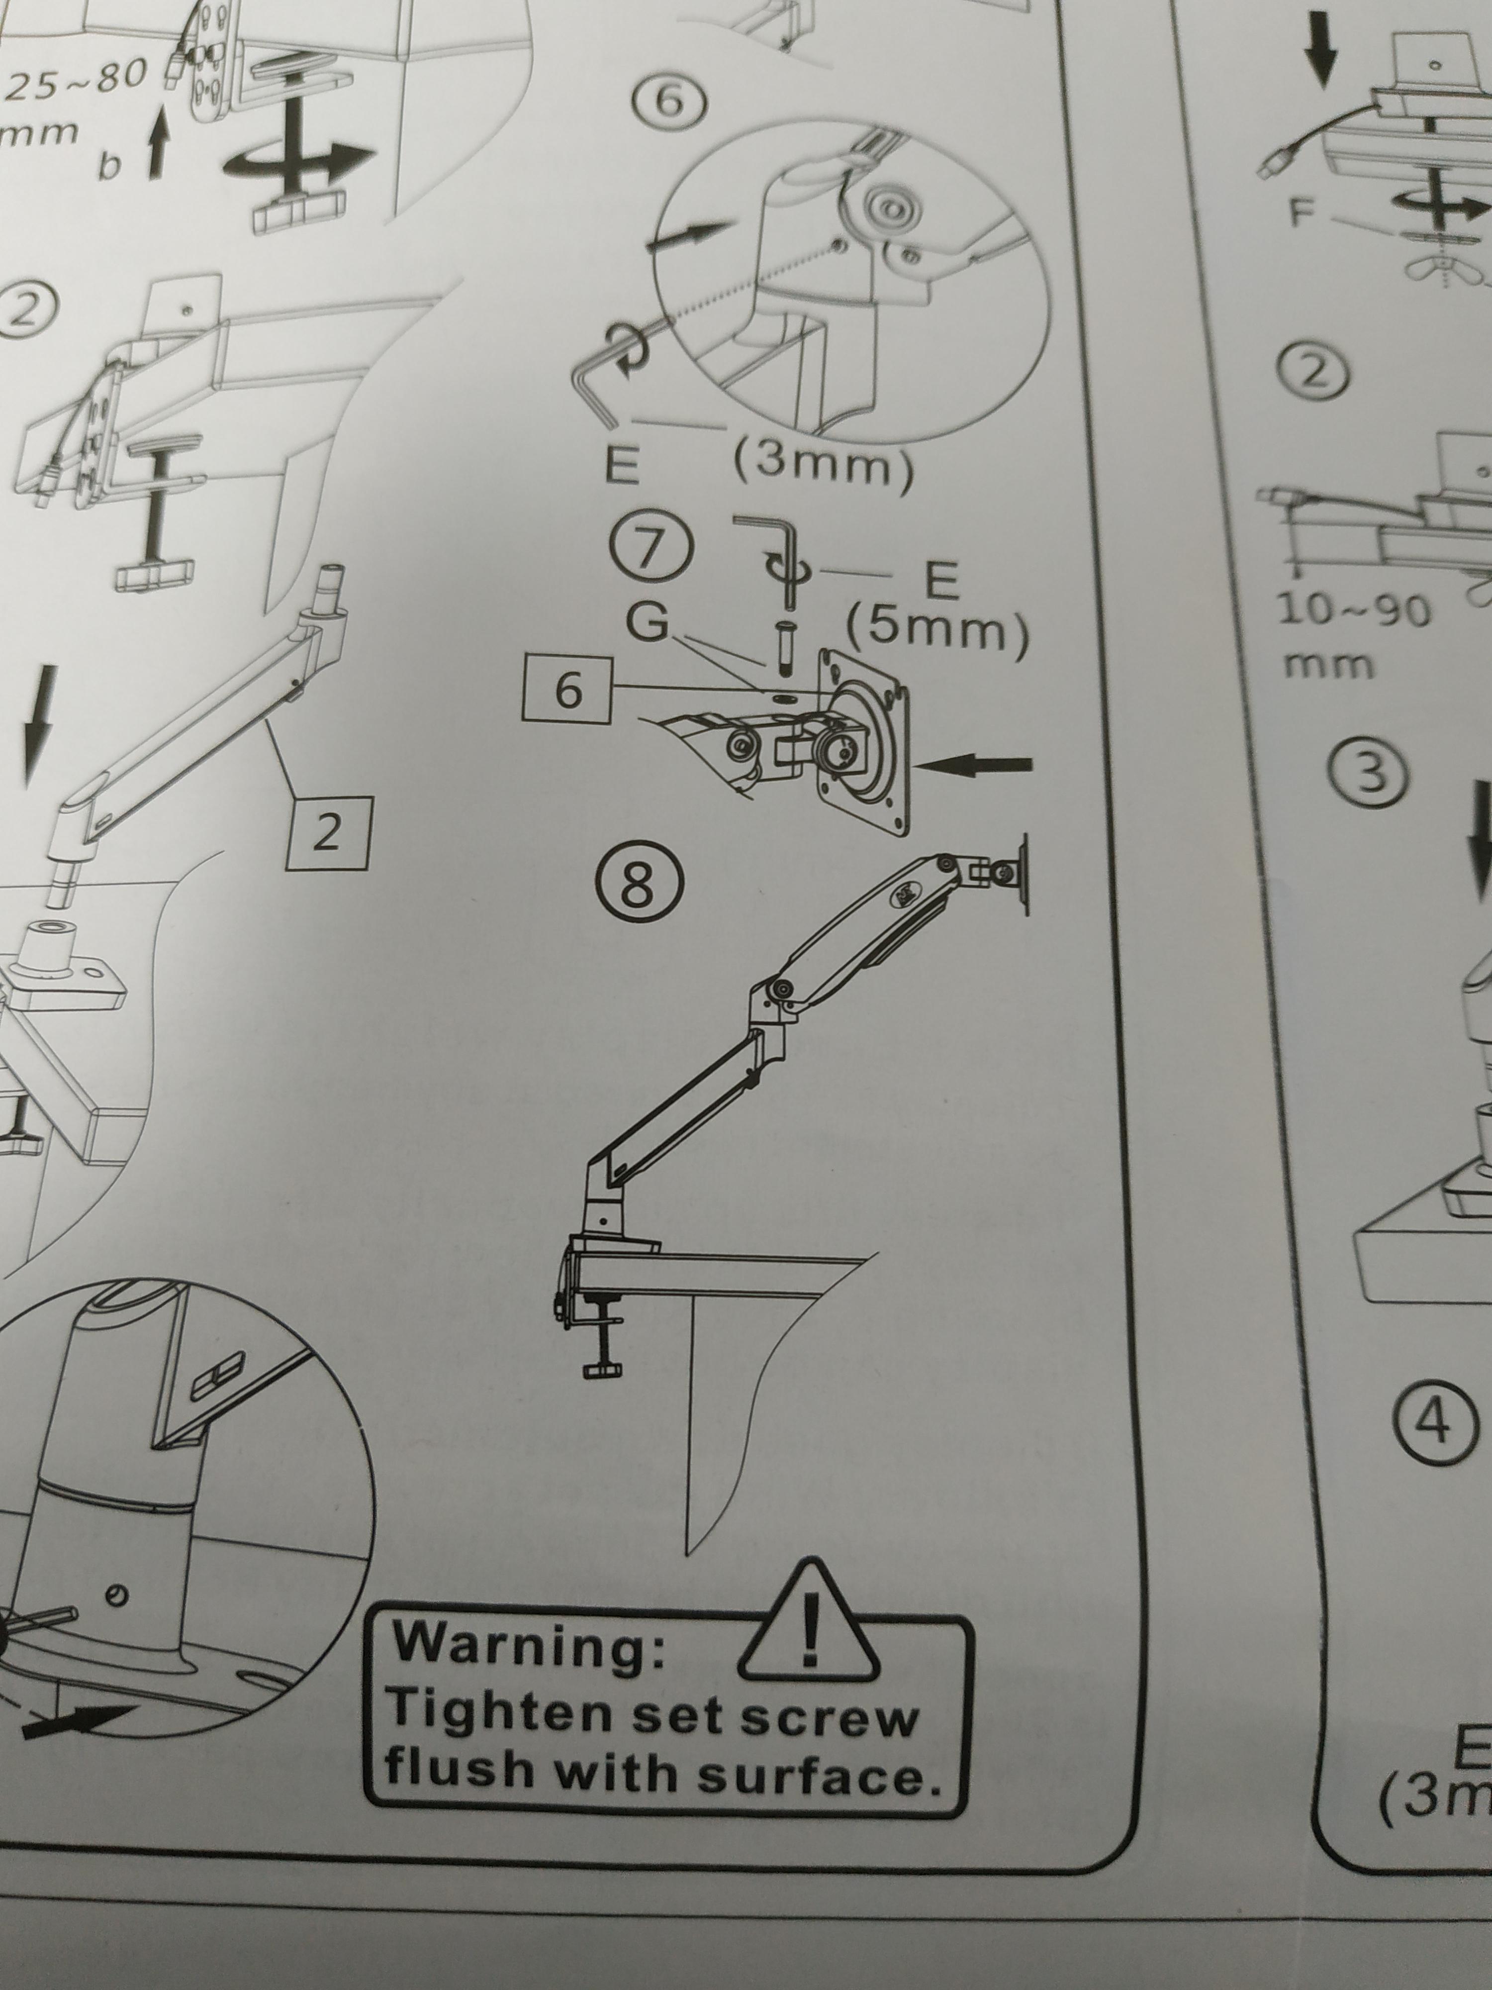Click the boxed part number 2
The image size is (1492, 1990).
[327, 833]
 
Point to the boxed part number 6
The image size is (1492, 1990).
[566, 692]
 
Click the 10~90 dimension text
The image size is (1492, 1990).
[1354, 612]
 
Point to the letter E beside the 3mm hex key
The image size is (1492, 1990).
[621, 466]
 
